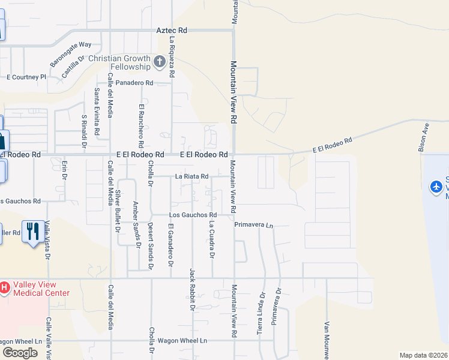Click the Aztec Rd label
(x=172, y=29)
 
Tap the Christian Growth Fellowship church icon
(x=160, y=61)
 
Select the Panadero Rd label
(x=134, y=83)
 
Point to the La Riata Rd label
(x=191, y=176)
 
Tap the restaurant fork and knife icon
(x=31, y=231)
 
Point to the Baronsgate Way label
(x=70, y=52)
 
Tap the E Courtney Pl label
(x=26, y=77)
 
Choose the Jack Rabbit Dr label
(x=193, y=289)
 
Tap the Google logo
(x=20, y=352)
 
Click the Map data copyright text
(x=423, y=355)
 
